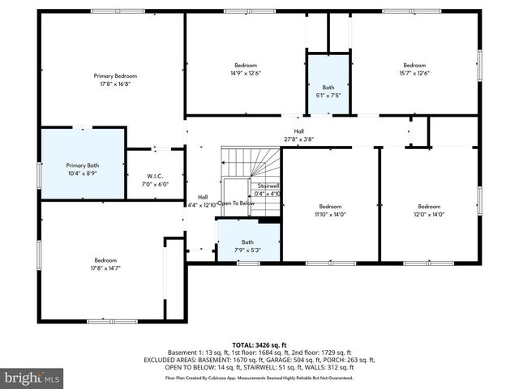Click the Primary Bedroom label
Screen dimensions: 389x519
pos(114,75)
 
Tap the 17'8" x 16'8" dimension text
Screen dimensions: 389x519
pos(114,83)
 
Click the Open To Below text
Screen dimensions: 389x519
pos(236,203)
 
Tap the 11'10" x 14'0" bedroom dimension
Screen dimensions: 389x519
pos(330,214)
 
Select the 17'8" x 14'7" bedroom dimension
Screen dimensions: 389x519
pos(105,268)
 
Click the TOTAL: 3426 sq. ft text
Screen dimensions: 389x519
pos(259,344)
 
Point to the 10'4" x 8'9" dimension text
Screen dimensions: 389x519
pos(83,173)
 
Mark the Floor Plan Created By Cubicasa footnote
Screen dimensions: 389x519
pos(259,378)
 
